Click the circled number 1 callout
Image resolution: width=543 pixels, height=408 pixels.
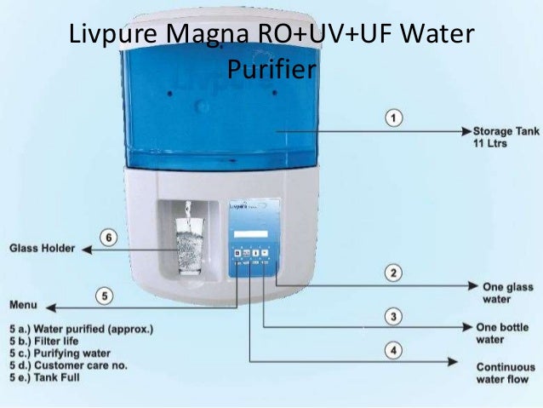(392, 118)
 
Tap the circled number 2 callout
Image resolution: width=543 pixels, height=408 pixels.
(392, 273)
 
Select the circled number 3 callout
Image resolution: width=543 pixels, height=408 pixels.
(392, 317)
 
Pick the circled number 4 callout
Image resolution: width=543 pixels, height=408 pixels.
(392, 349)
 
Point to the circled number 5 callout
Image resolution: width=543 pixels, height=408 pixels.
(104, 296)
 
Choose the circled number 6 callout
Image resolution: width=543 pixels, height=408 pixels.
(108, 237)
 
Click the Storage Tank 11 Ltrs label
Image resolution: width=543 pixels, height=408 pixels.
(495, 138)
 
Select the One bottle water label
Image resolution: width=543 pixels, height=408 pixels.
(503, 333)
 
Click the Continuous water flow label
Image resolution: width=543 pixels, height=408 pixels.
(505, 373)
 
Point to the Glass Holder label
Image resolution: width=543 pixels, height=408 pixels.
(42, 249)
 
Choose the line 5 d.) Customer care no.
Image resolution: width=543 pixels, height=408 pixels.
(70, 364)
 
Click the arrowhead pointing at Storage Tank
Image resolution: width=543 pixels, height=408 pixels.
(466, 132)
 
